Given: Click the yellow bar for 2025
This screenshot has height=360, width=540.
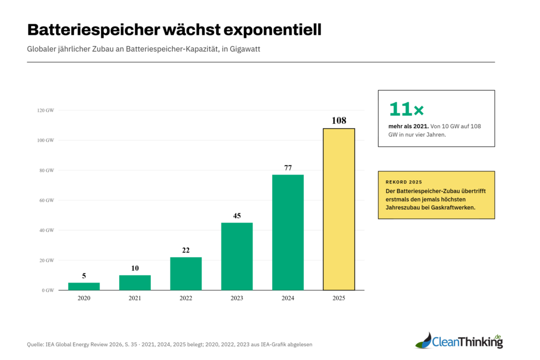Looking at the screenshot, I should [x=339, y=209].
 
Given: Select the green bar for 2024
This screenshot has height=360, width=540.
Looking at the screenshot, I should [x=288, y=232].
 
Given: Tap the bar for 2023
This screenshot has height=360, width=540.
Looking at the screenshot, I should [x=237, y=256].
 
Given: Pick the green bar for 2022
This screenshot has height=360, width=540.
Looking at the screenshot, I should [x=186, y=274].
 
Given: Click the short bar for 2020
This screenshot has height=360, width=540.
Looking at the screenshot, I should [x=84, y=286].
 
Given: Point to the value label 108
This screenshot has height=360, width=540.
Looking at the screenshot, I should [x=339, y=121].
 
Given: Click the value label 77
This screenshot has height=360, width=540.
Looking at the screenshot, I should [x=288, y=168].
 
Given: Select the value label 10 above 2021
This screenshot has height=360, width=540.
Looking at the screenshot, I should [x=135, y=268].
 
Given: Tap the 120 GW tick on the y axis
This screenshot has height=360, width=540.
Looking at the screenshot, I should [x=46, y=111].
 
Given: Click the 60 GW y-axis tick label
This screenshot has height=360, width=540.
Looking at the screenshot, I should [x=47, y=200].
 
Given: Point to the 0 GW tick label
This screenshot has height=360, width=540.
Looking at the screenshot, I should [x=48, y=290].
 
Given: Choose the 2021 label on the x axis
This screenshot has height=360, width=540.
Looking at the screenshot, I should [x=135, y=298].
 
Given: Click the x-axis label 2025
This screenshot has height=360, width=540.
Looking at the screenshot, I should [x=339, y=298].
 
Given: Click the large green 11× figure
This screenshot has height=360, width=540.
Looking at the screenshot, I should [x=406, y=109].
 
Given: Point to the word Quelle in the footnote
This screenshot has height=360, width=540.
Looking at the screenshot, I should [x=36, y=345].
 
